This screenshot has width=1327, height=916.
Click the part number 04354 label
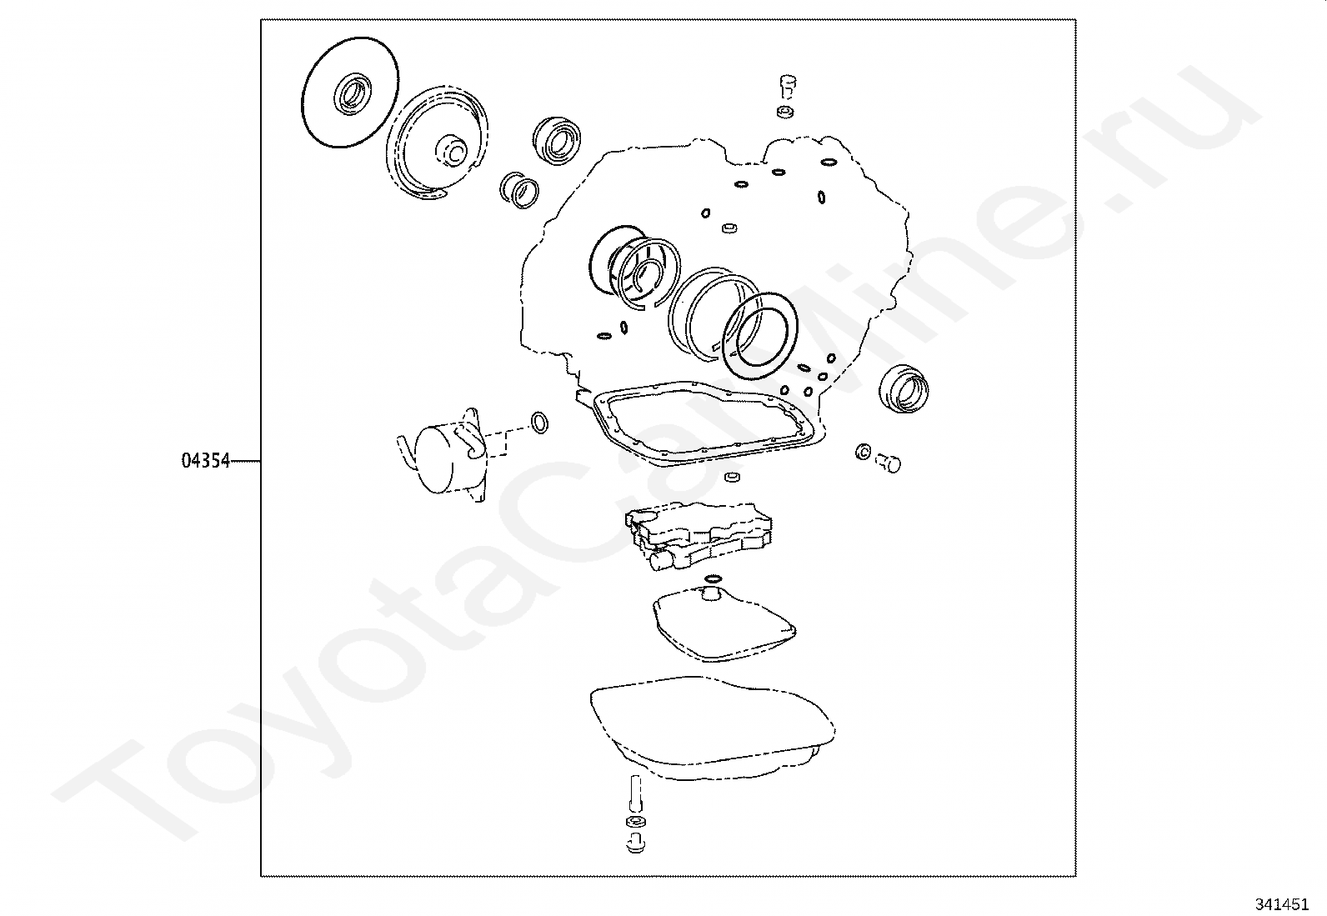point(205,460)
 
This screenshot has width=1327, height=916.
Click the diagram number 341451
point(1281,904)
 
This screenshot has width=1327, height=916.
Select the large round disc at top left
point(350,93)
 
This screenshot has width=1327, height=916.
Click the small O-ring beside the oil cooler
point(539,423)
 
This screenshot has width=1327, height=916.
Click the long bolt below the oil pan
point(637,797)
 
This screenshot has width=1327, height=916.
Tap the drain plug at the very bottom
point(636,843)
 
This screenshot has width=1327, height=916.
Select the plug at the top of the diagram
point(787,87)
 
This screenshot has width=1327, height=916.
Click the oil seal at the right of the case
point(904,388)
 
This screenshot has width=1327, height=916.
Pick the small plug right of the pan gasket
point(888,462)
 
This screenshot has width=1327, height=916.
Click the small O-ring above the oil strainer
point(714,578)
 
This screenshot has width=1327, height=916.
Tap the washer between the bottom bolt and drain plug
point(636,823)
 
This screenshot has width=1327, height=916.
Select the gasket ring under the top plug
point(785,112)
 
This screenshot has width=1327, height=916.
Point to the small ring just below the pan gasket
point(733,477)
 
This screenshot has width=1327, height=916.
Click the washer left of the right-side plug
point(864,453)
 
